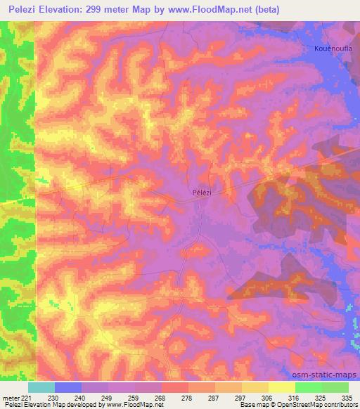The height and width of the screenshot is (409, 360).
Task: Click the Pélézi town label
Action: [x=202, y=191]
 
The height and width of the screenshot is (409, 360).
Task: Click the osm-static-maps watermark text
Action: [x=325, y=375]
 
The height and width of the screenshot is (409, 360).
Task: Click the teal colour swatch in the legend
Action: [x=41, y=387]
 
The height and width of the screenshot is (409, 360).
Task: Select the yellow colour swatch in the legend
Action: [x=281, y=387]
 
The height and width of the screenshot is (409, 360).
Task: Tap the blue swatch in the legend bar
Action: [x=68, y=387]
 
